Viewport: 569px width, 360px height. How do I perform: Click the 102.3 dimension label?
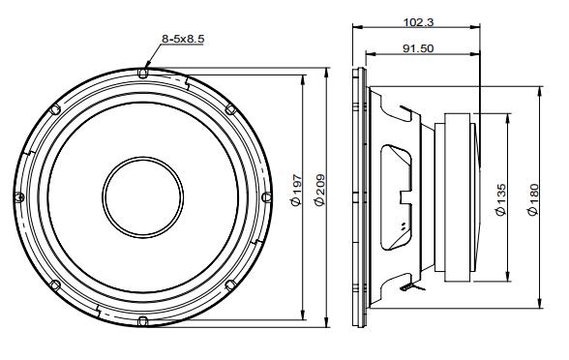(418, 22)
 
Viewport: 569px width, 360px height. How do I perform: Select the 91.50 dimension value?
(418, 48)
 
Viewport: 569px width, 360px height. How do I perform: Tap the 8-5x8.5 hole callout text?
(183, 39)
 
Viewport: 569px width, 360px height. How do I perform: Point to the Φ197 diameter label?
(296, 190)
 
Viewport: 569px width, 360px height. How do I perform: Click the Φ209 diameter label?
(319, 191)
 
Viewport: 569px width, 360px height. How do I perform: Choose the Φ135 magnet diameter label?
(500, 199)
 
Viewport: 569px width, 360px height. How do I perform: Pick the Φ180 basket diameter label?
(534, 200)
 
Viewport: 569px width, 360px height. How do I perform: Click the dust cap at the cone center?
(142, 197)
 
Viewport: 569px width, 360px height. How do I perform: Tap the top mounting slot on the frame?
(143, 74)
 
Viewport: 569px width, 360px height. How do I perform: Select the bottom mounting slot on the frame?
(143, 321)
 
